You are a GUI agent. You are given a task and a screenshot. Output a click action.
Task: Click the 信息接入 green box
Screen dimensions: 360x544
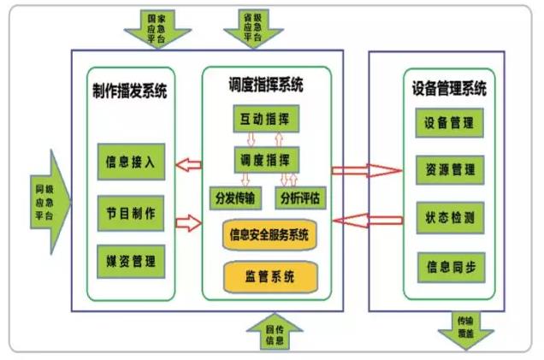pyautogui.click(x=131, y=162)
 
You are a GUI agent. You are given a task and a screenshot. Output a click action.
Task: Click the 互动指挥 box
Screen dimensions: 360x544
pyautogui.click(x=264, y=117)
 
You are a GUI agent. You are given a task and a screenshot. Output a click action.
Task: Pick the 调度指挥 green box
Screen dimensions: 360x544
pyautogui.click(x=264, y=159)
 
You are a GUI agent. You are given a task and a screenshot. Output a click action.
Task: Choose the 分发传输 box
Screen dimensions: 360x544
pyautogui.click(x=235, y=198)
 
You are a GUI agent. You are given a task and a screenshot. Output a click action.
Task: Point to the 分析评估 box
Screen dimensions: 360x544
pyautogui.click(x=301, y=198)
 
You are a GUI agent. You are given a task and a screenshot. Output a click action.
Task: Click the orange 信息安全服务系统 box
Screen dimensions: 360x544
pyautogui.click(x=266, y=235)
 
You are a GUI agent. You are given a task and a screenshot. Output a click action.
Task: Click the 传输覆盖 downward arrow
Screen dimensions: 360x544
pyautogui.click(x=468, y=329)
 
